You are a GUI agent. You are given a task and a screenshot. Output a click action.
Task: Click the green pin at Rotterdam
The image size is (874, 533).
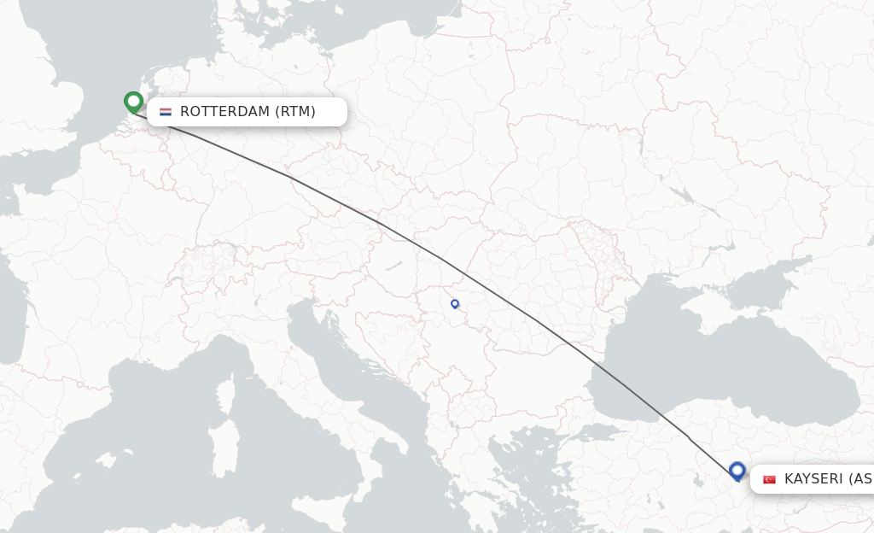coord(133,102)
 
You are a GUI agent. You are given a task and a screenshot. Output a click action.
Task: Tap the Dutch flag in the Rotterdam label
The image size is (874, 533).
coord(166,112)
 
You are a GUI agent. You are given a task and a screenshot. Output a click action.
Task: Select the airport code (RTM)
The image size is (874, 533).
coord(295,112)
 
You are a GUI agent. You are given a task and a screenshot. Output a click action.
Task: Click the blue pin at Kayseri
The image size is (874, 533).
coord(737,470)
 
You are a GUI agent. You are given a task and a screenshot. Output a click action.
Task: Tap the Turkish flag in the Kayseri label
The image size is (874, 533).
coord(769,479)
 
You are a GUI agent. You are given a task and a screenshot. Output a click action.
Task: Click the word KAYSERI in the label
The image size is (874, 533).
coord(814,479)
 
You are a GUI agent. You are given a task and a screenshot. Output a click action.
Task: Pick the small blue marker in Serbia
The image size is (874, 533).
coord(455,303)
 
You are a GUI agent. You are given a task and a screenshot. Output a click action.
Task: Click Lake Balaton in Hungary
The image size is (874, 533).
coord(391,266)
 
